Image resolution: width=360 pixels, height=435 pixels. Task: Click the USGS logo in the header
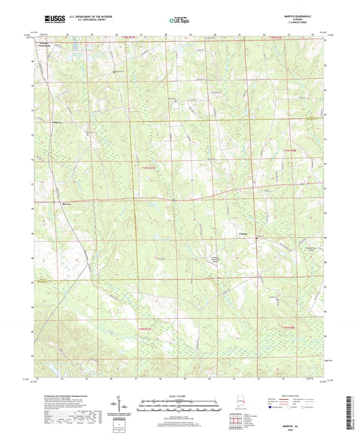point(55,20)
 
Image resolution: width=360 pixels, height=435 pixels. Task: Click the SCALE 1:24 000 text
point(180,394)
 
